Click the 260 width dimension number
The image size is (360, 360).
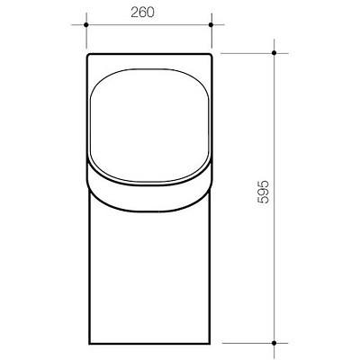point(148,14)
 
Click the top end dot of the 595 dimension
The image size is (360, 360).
point(274,53)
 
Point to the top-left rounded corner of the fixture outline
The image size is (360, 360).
point(88,56)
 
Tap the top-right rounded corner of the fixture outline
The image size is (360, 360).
point(209,56)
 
